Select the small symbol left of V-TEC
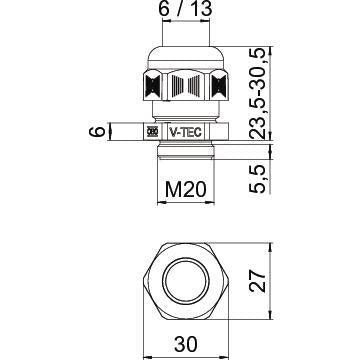pyautogui.click(x=153, y=131)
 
